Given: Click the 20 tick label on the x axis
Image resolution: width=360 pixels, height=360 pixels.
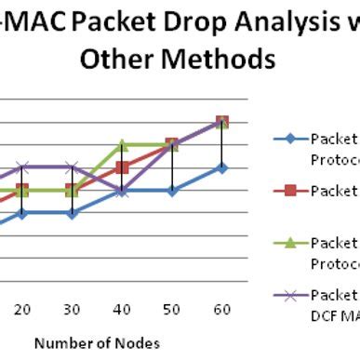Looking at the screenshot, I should [23, 309].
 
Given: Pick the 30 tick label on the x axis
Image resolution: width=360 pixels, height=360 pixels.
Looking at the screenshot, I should [73, 309].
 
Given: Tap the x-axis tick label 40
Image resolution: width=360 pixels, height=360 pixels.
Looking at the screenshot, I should [123, 309].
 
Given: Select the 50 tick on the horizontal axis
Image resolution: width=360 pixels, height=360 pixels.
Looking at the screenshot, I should [172, 309].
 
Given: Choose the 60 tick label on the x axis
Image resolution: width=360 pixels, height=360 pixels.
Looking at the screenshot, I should [222, 309].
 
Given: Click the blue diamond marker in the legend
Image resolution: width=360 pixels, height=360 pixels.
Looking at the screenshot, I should [290, 140].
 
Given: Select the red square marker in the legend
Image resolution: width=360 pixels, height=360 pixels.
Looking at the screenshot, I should [290, 191].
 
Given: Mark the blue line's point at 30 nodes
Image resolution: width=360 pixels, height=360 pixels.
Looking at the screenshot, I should [73, 213].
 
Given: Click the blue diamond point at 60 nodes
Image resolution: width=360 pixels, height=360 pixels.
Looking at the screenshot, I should [222, 167].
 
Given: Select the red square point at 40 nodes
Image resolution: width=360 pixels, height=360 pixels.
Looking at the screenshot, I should [123, 167].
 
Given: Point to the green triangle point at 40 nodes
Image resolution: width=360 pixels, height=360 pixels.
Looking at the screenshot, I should [123, 144].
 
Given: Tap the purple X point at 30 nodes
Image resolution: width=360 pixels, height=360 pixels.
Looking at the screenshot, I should [73, 167].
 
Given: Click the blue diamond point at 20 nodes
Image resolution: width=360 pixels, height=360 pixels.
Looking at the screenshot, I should [23, 213].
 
